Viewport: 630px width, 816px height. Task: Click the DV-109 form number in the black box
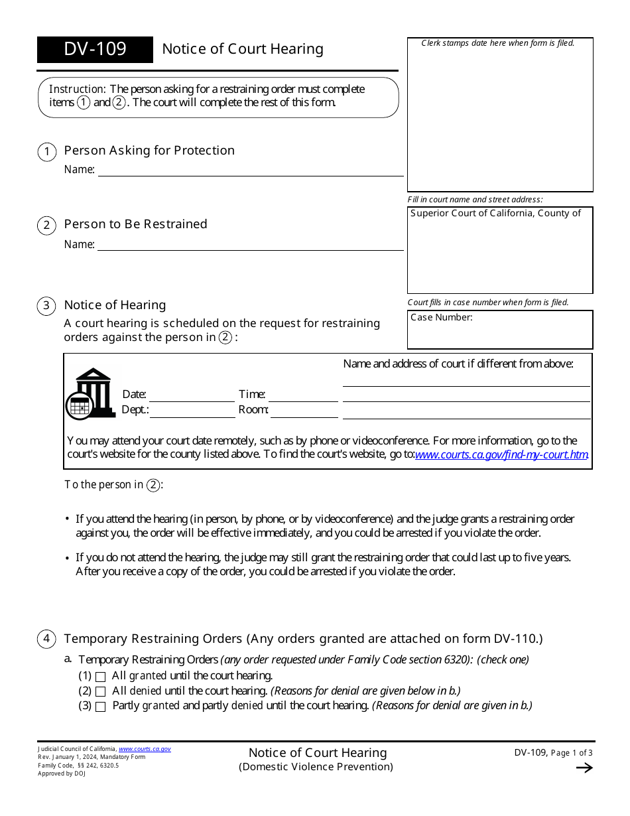[x=95, y=50]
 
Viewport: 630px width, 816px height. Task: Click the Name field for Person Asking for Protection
[x=251, y=170]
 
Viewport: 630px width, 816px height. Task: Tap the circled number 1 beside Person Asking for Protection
[x=46, y=152]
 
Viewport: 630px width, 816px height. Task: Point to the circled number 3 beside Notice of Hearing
[x=46, y=306]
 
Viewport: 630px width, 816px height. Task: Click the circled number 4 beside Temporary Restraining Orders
[x=46, y=640]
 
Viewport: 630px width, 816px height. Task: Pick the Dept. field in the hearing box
[x=192, y=411]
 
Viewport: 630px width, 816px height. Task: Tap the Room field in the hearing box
[x=304, y=411]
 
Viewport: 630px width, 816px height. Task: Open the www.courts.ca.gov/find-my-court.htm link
[x=501, y=455]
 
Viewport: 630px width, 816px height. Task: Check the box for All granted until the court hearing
[x=101, y=677]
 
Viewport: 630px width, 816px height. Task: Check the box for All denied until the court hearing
[x=101, y=692]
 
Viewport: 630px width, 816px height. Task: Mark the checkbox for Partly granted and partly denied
[x=101, y=707]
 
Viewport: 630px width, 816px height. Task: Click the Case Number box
[x=500, y=330]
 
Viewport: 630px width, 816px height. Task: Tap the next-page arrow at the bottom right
[x=584, y=768]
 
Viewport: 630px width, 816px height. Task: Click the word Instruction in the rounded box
[x=78, y=89]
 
